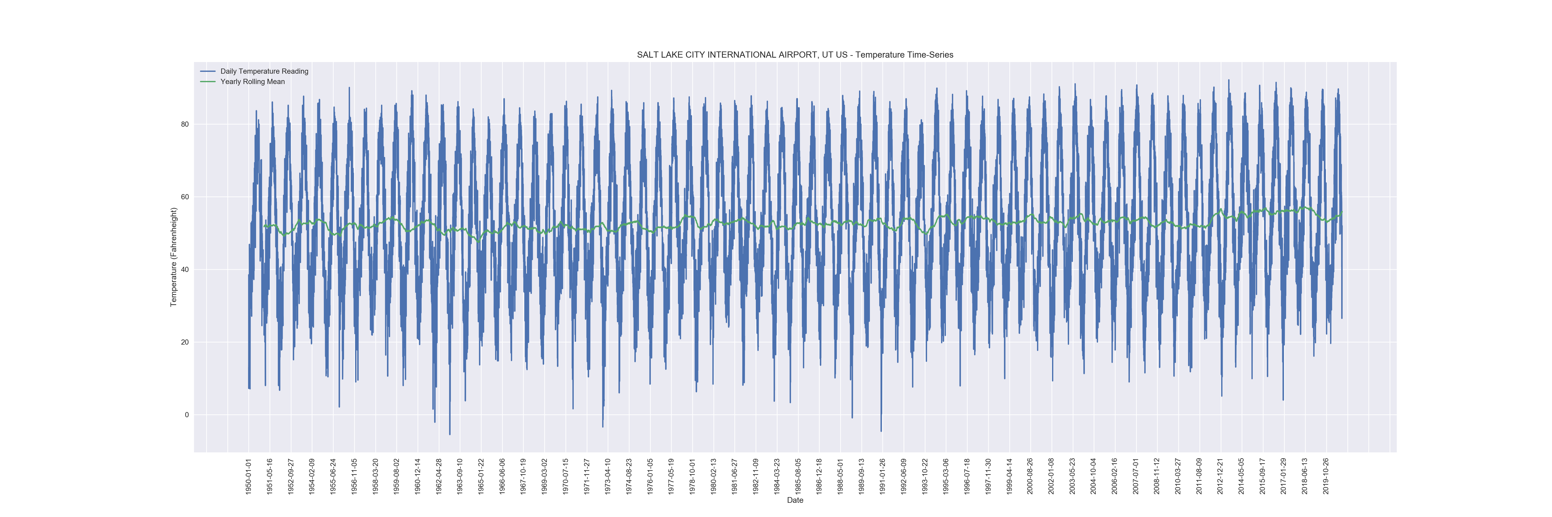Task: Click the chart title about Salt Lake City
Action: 795,55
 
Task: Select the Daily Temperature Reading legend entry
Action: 264,71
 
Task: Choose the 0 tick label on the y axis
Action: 187,415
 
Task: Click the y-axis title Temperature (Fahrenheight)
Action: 174,257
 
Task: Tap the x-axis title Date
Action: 795,500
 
